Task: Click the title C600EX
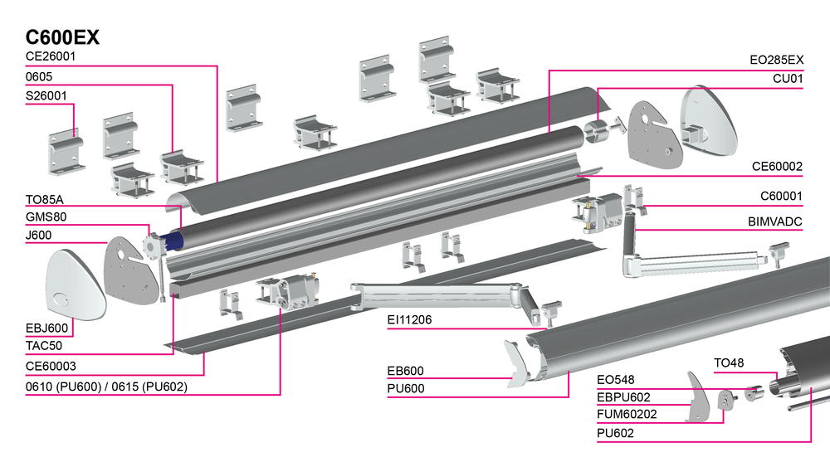[x=63, y=37]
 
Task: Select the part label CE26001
[x=51, y=56]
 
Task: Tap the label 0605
[x=39, y=77]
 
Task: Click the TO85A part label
[x=45, y=199]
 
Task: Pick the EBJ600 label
[x=46, y=328]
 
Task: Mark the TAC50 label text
[x=43, y=346]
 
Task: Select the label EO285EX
[x=776, y=61]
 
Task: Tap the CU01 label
[x=788, y=79]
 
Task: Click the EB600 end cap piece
[x=518, y=363]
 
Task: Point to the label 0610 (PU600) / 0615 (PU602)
[x=106, y=386]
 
